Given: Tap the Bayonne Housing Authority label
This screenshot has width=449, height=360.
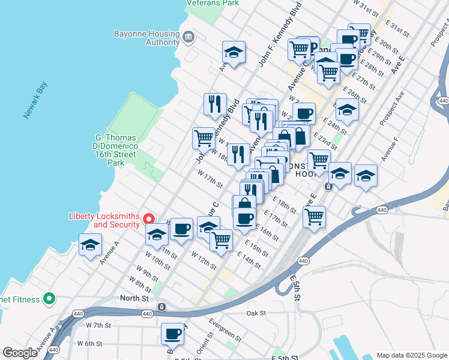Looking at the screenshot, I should pyautogui.click(x=146, y=38).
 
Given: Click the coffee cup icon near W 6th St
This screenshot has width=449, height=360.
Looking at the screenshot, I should pyautogui.click(x=172, y=333).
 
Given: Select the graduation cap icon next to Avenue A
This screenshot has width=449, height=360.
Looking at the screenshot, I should pyautogui.click(x=91, y=245).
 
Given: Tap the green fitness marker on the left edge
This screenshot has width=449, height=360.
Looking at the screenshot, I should pyautogui.click(x=50, y=299).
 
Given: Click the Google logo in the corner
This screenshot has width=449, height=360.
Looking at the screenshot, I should pyautogui.click(x=20, y=353).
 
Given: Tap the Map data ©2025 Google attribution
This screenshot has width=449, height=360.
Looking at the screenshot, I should pyautogui.click(x=411, y=355).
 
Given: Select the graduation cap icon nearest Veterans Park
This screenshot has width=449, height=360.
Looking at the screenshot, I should pyautogui.click(x=234, y=53).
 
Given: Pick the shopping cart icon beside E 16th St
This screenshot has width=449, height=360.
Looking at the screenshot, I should pyautogui.click(x=314, y=217).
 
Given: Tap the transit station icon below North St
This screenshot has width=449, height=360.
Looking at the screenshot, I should pyautogui.click(x=161, y=307).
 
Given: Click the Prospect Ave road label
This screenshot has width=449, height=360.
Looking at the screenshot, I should pyautogui.click(x=393, y=107).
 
